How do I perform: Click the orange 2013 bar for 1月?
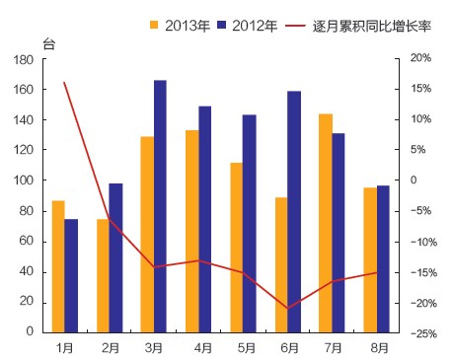click(58, 266)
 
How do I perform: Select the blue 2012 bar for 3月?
click(160, 206)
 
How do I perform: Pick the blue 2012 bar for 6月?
click(294, 212)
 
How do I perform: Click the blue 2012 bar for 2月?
click(115, 257)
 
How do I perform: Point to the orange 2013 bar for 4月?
click(191, 231)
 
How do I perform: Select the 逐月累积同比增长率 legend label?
click(364, 24)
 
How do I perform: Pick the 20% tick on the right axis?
click(420, 59)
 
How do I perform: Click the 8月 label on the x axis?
click(378, 347)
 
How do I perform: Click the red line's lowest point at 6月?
click(288, 309)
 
